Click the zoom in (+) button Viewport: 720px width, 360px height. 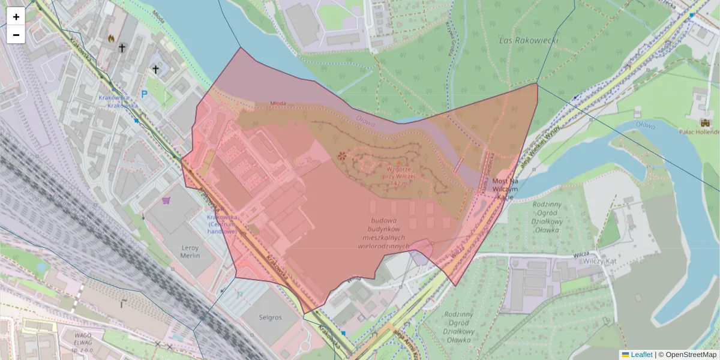(16, 17)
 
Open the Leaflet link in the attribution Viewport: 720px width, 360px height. (641, 354)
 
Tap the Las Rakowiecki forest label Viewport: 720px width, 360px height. (529, 40)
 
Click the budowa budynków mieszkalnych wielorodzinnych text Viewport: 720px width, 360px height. (383, 233)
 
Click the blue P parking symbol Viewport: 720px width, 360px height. (144, 94)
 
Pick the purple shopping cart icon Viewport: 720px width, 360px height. (166, 200)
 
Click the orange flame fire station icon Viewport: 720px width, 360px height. (110, 38)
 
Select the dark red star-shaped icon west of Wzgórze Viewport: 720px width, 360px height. (342, 156)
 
